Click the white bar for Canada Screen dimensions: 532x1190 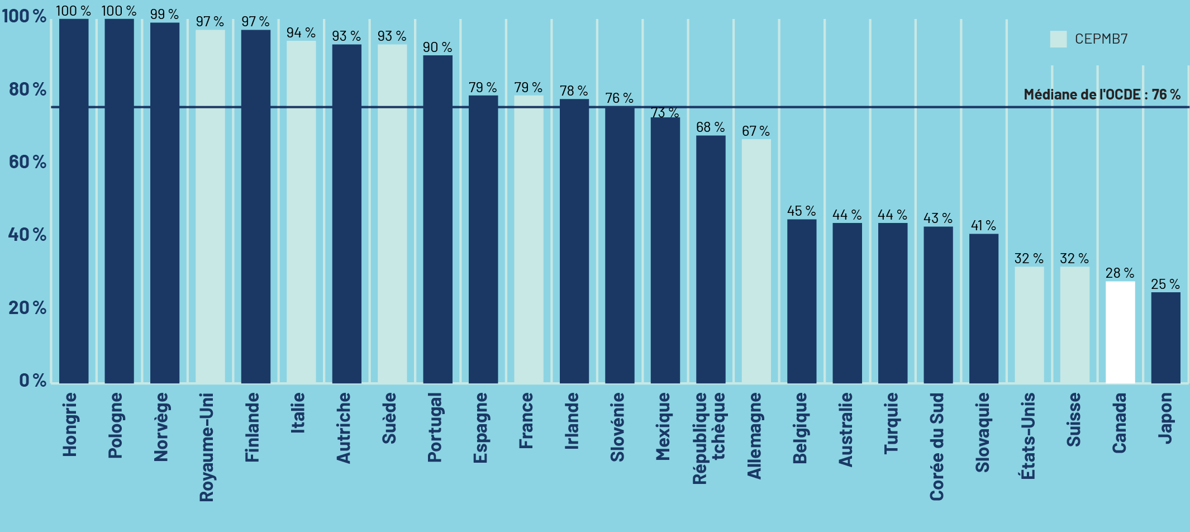click(1120, 332)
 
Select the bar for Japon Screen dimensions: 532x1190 click(1165, 338)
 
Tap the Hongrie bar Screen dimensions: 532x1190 click(74, 201)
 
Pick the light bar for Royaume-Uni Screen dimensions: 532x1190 click(210, 207)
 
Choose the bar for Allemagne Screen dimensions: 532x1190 click(756, 261)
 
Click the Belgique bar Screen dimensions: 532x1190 click(802, 301)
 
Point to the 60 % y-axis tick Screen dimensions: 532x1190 click(27, 162)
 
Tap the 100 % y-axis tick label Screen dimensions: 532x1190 click(24, 16)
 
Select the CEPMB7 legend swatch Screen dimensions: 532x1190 click(1058, 39)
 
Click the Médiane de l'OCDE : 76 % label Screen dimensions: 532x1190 click(1102, 94)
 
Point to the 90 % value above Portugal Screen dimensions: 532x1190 click(437, 47)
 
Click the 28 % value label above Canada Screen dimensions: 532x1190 click(1120, 273)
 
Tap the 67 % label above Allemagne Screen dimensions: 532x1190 click(755, 131)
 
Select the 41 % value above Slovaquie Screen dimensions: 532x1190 click(983, 226)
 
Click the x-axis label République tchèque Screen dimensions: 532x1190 click(708, 438)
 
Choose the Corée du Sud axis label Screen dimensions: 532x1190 click(937, 446)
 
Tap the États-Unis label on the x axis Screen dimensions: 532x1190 click(1028, 436)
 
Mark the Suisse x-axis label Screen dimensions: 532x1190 click(1074, 419)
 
